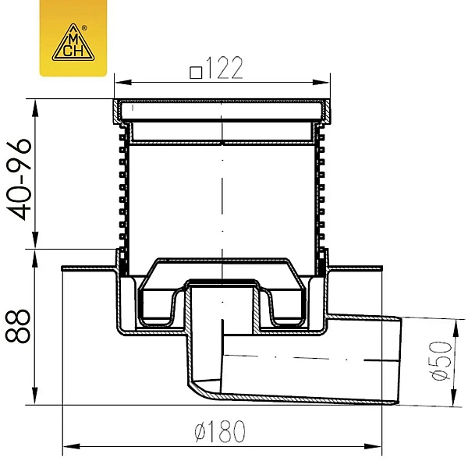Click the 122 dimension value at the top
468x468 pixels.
pos(224,68)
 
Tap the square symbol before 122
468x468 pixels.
pos(196,73)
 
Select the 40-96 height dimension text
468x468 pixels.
pos(19,179)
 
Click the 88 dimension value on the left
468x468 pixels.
pos(18,325)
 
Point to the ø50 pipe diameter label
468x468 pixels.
pos(441,360)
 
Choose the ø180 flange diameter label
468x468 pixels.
pos(220,431)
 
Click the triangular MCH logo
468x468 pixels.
pos(73,43)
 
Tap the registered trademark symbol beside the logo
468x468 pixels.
pos(84,28)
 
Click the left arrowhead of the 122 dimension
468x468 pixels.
pos(123,83)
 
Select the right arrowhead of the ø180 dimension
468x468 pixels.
pos(373,447)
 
